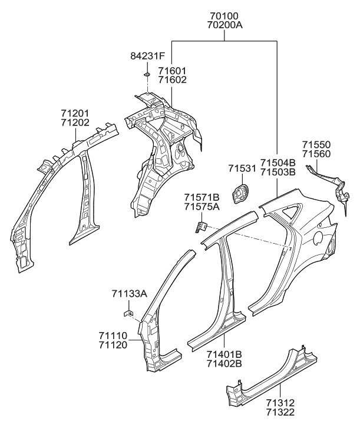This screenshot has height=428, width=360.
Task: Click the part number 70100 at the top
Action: coord(224,16)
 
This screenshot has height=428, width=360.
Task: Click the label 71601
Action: coord(172,71)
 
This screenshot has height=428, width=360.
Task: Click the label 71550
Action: coord(316,145)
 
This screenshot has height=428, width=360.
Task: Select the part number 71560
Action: coord(316,154)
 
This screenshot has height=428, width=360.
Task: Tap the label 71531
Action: coord(242,169)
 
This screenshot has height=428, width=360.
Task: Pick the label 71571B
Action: coord(201,197)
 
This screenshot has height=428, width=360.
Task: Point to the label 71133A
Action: coord(129,293)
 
